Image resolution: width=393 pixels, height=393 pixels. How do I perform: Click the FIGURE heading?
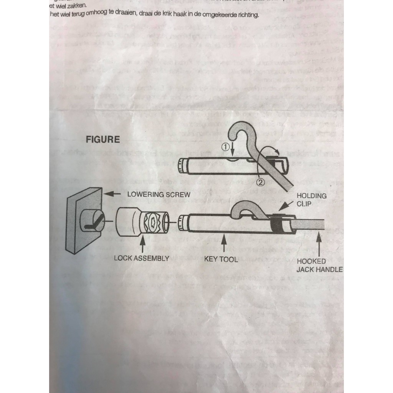[103, 139]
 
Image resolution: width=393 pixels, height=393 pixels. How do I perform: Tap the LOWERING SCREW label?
[159, 194]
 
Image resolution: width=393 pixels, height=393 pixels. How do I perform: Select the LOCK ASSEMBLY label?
[142, 258]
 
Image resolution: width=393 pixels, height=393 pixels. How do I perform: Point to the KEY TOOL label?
[221, 259]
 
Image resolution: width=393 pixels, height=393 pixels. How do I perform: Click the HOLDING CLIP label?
[311, 200]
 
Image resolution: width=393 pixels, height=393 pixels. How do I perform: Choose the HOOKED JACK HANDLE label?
[319, 266]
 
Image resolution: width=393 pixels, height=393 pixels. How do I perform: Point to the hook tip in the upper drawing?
[231, 137]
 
